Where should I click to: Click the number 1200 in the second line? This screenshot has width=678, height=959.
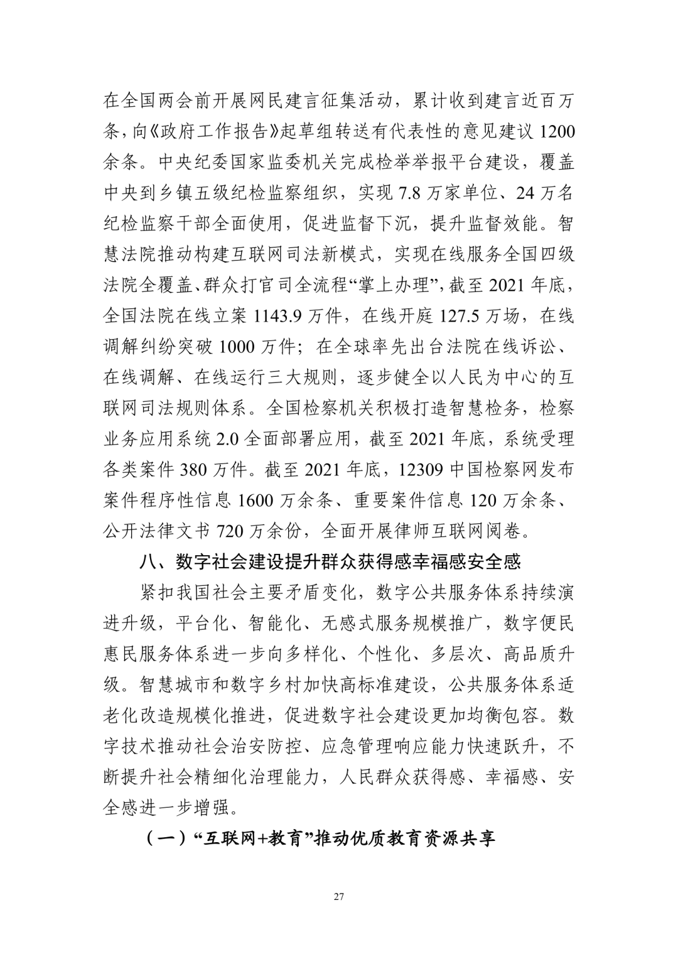556,133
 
